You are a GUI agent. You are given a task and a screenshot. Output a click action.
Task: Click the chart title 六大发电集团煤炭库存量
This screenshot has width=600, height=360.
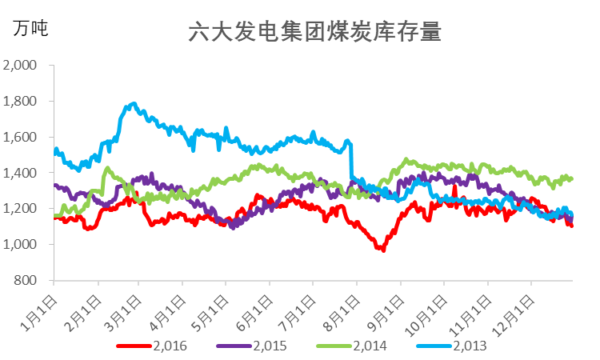[314, 33]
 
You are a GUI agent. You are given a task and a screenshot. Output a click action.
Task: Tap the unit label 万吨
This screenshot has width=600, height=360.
[30, 29]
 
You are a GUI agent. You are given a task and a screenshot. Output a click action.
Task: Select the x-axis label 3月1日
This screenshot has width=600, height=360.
[124, 308]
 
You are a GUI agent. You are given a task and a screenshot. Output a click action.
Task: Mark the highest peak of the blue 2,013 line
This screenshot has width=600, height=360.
[134, 104]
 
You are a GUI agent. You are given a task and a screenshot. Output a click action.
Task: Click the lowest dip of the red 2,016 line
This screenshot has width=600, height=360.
[383, 250]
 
